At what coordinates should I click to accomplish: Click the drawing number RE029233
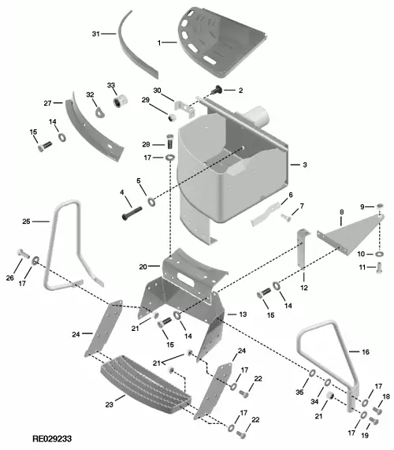52,439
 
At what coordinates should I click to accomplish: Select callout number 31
95,34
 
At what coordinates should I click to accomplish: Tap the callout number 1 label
159,43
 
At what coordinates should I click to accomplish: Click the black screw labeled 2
217,90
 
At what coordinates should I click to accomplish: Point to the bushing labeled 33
120,101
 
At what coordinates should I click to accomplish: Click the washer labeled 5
151,202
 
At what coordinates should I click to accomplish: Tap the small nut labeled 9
380,206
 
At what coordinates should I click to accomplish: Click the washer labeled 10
379,254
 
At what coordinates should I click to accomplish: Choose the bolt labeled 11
379,268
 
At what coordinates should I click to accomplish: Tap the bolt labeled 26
24,254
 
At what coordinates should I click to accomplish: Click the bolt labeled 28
170,141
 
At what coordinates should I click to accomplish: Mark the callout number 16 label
366,351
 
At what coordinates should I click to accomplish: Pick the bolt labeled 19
374,421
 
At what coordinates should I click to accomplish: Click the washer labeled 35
311,374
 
